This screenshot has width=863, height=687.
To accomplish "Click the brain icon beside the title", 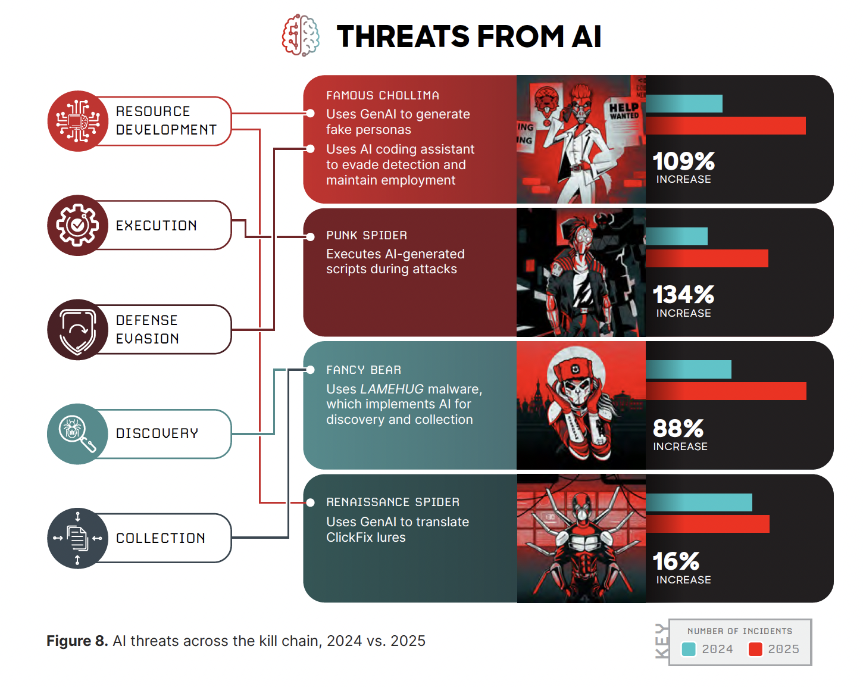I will click(x=301, y=36).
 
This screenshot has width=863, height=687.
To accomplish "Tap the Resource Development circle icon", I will click(x=77, y=121).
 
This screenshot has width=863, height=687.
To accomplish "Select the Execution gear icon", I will click(x=77, y=225).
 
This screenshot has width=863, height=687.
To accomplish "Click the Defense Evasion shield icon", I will click(x=77, y=329).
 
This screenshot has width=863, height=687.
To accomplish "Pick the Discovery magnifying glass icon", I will click(x=77, y=433).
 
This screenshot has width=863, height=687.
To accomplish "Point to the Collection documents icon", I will click(x=77, y=538).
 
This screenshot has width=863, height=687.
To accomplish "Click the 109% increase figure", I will click(x=683, y=161).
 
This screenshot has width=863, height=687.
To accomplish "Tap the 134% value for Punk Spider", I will click(x=683, y=295).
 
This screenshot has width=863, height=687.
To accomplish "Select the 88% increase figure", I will click(x=678, y=428).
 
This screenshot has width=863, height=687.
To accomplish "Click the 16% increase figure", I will click(x=676, y=561).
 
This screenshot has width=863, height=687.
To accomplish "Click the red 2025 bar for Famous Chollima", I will click(x=726, y=126).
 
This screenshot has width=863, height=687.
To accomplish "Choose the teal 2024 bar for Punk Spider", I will click(x=677, y=236).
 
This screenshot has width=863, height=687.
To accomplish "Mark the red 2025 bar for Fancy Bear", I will click(x=726, y=391).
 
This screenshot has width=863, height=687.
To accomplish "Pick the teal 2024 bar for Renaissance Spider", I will click(x=699, y=502).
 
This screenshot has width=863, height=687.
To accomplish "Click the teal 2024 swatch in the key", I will click(x=689, y=649).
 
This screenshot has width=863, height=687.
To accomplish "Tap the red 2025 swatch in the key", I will click(x=755, y=649).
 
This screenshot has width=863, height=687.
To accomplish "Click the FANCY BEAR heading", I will click(x=364, y=370).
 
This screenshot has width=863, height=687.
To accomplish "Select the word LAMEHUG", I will click(x=392, y=389).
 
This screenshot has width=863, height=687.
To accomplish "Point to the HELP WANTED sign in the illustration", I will click(x=624, y=111).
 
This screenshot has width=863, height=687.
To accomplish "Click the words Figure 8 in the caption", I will click(x=77, y=641).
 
